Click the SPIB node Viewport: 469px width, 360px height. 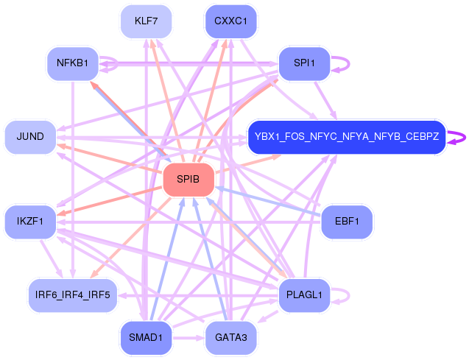point(188,180)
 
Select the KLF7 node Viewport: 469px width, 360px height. point(146,21)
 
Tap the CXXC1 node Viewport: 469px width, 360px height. point(230,21)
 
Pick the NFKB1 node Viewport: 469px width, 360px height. point(73,63)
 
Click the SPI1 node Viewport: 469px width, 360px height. point(304,63)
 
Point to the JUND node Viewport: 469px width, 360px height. point(30,137)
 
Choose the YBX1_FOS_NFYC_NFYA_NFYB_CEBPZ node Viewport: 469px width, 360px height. point(347,137)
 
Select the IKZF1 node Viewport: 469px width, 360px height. point(30,222)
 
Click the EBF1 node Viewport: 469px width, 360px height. point(347,222)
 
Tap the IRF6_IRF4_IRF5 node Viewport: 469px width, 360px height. point(73,295)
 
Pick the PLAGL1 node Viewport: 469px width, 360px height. point(304,295)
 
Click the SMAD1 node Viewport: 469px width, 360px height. point(146,338)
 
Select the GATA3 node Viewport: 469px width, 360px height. point(230,338)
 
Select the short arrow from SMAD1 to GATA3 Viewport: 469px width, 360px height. point(188,338)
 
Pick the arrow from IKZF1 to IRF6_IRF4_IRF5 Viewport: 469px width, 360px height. point(51,258)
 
